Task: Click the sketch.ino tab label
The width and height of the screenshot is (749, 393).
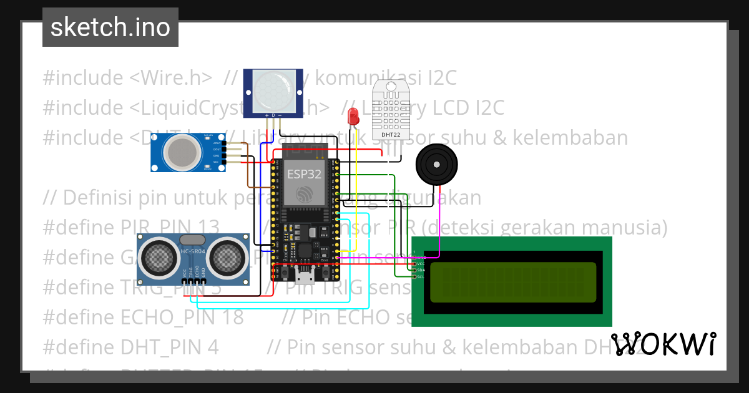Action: (110, 27)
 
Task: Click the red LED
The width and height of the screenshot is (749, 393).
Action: (353, 116)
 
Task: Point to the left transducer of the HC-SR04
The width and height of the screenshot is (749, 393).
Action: (159, 257)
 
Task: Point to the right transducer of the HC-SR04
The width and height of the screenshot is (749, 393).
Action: (227, 257)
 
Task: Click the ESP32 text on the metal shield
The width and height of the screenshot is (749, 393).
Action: (304, 174)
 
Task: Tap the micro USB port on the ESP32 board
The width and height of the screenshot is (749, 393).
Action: (305, 273)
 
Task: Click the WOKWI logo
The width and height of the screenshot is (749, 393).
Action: (663, 344)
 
